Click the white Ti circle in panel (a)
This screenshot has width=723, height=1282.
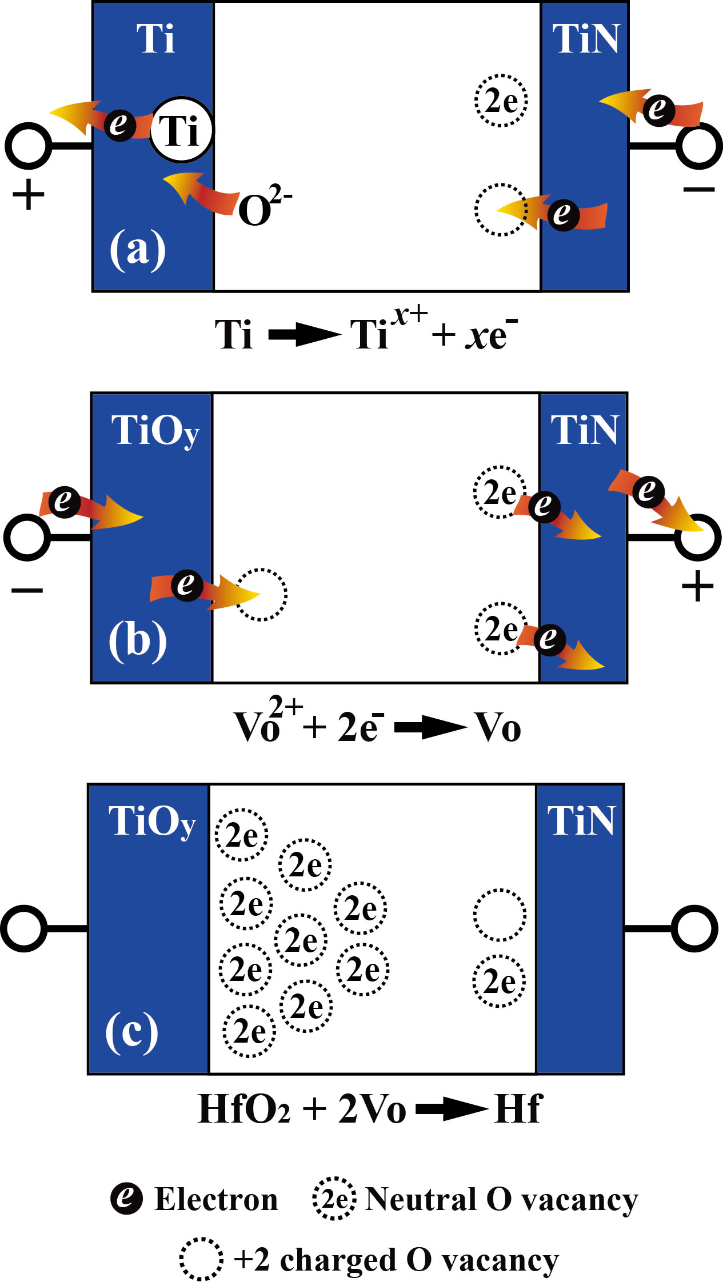pos(181,131)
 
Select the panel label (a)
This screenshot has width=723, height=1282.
pos(138,249)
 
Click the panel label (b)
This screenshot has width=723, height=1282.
pos(138,639)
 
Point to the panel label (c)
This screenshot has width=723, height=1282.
pos(132,1031)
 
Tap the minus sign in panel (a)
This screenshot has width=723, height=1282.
pos(698,189)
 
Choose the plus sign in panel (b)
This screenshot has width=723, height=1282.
pos(697,587)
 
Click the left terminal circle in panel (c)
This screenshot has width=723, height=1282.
pos(23,928)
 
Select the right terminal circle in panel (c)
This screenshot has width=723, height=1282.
pos(694,928)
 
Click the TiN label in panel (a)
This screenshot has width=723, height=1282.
pos(586,39)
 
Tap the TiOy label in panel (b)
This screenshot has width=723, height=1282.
pos(155,430)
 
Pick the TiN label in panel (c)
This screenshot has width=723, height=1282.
pos(581,821)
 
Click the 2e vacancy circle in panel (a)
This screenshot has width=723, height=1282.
pos(501,101)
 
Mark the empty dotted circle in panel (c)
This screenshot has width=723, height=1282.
pos(500,915)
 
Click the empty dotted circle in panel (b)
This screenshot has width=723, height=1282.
pos(261,594)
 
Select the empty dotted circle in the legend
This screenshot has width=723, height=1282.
pos(201,1259)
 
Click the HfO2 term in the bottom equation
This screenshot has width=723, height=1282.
pos(243,1109)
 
